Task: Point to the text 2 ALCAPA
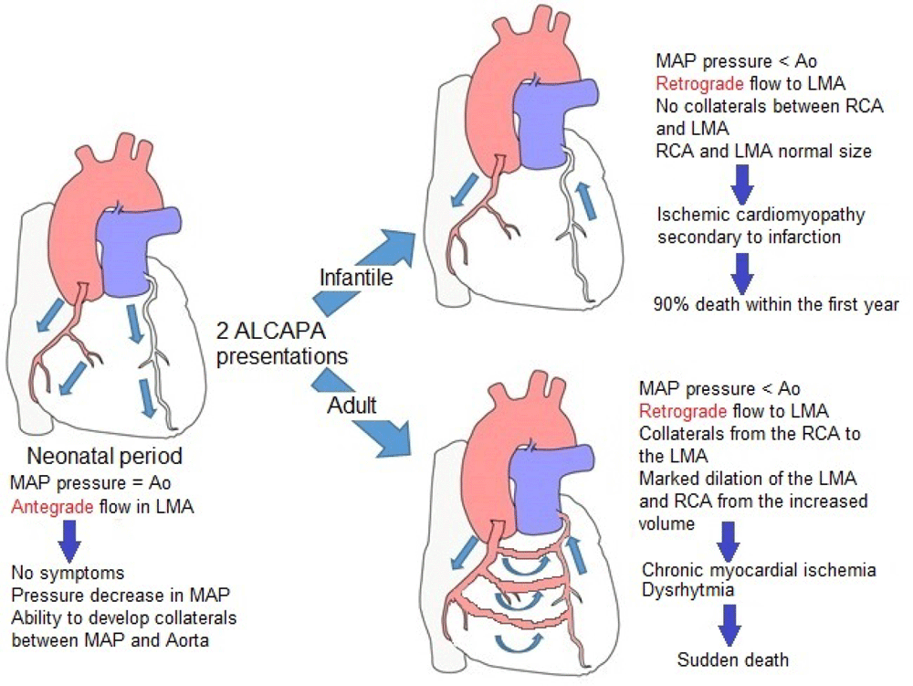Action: (x=263, y=330)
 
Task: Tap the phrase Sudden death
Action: (x=733, y=659)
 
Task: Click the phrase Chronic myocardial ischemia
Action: (x=757, y=570)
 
